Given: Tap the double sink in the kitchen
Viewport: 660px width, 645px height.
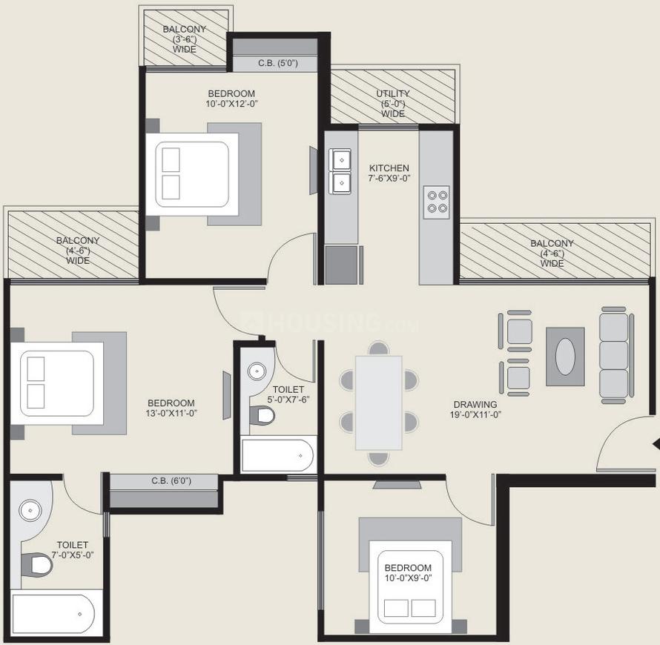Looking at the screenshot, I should (340, 170).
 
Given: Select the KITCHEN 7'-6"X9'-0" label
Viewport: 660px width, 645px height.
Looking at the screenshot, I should (389, 173).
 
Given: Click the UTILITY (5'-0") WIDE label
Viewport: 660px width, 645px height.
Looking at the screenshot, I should (392, 104).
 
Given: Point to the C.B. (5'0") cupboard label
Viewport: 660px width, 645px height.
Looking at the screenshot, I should (277, 64).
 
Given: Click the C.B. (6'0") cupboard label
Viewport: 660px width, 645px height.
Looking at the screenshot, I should (171, 481).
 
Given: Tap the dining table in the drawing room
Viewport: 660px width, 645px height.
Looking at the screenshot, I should (378, 403).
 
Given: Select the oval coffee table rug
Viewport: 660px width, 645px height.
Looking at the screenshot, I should (565, 357).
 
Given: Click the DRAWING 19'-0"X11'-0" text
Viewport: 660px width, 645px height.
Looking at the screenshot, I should (475, 410).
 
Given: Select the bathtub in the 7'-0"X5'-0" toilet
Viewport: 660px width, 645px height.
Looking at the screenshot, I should (54, 614).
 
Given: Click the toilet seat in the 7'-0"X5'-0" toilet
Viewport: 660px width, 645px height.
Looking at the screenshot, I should (37, 565).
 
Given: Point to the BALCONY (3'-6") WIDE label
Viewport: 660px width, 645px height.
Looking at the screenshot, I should (185, 39).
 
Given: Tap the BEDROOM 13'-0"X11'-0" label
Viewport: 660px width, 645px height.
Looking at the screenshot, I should (171, 408).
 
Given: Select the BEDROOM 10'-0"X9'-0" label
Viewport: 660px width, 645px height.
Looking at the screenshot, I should (408, 573).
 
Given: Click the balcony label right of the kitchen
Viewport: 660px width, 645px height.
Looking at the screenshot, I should (552, 254).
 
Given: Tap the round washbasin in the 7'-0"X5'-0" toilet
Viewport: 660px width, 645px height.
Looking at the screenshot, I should (30, 510).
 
